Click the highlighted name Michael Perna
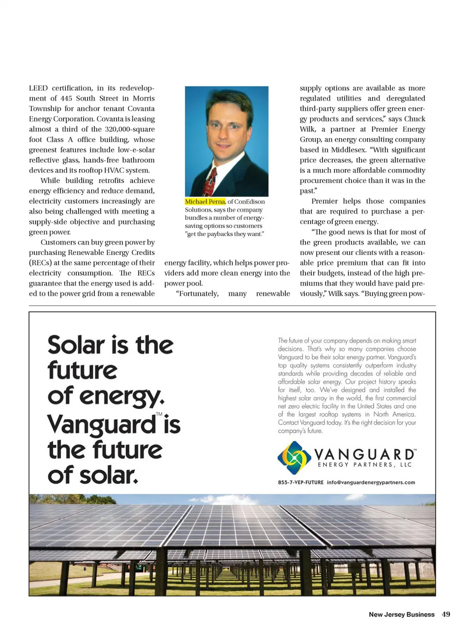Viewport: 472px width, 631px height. [x=205, y=201]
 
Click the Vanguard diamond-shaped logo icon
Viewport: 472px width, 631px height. [x=294, y=457]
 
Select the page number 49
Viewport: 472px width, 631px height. [x=446, y=614]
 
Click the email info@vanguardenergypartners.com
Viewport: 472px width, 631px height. [x=371, y=483]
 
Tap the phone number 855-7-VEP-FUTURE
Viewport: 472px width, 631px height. [x=300, y=483]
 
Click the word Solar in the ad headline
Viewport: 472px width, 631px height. [x=76, y=345]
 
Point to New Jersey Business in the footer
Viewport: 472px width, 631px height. [x=401, y=614]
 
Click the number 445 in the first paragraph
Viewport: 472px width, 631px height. [x=66, y=98]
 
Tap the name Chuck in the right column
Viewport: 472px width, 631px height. [x=414, y=119]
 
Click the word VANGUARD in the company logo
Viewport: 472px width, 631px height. [x=364, y=454]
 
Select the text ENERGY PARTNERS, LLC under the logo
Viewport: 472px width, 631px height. [x=364, y=465]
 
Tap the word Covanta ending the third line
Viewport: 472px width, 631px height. [x=141, y=109]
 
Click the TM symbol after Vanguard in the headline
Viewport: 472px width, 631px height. [x=159, y=414]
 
